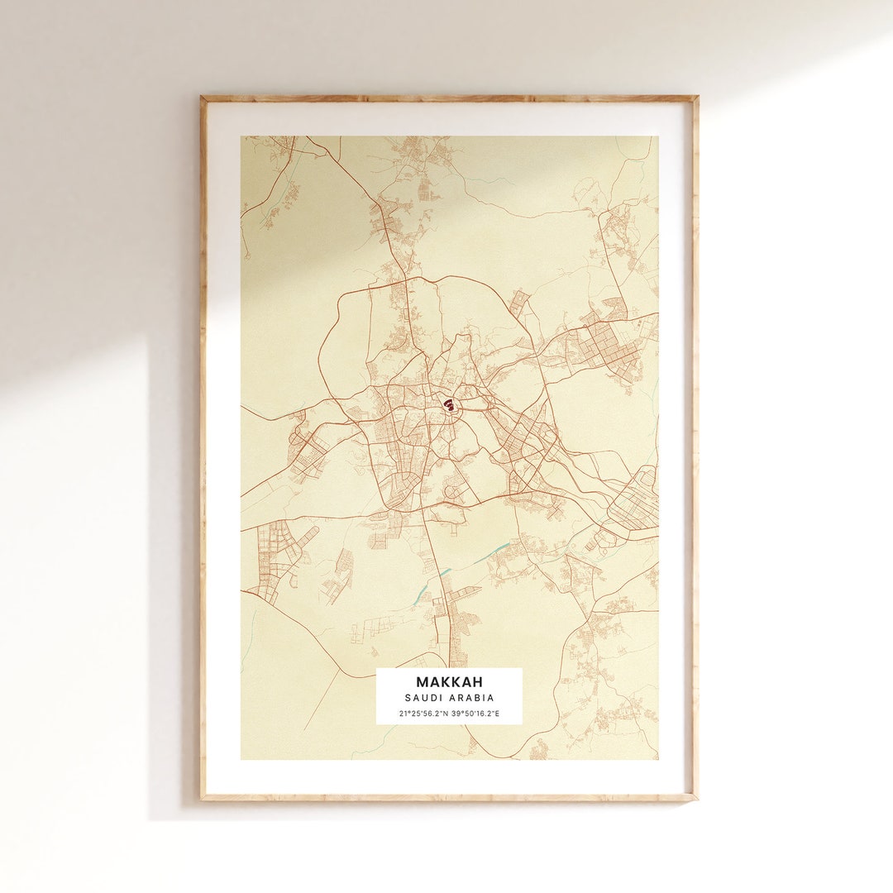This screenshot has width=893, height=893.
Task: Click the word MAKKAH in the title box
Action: pos(449,682)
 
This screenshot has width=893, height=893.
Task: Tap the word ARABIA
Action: pos(471,698)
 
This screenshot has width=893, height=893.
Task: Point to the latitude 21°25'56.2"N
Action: pos(422,713)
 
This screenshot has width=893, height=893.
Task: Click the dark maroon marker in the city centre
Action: pos(448,404)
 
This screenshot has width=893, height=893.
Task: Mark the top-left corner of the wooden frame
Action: pos(201,97)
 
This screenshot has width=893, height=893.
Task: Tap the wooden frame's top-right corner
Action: pos(697,97)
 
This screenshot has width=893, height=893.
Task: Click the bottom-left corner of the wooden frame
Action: pos(201,800)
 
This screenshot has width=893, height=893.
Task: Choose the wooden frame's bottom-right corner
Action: pos(697,800)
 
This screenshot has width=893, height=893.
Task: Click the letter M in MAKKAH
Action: pos(423,682)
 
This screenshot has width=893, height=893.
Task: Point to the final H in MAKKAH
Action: pos(476,682)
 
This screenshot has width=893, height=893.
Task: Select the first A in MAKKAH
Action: pos(433,682)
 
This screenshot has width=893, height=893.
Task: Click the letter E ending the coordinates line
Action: pos(498,713)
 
